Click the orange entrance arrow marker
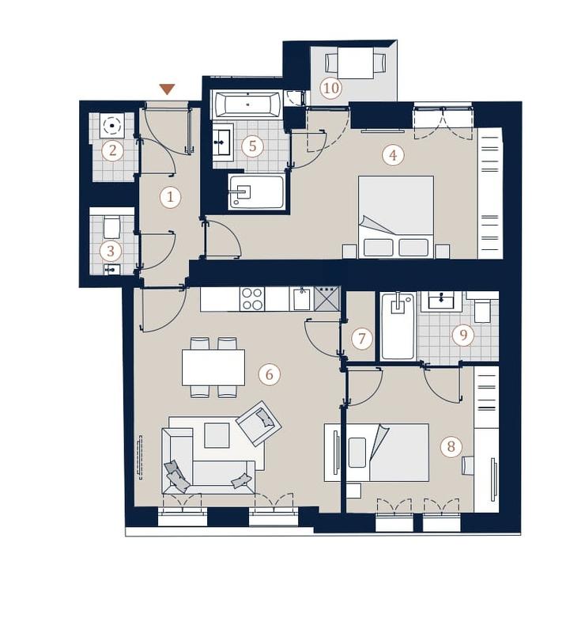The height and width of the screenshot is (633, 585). [x=167, y=89]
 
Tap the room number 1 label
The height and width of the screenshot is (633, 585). [x=170, y=197]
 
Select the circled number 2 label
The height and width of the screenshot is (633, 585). [x=112, y=151]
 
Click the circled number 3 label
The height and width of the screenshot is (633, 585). [x=111, y=251]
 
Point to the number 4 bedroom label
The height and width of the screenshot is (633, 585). [x=394, y=154]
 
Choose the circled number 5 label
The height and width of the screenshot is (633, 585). [x=252, y=146]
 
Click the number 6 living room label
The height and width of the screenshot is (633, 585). [x=269, y=374]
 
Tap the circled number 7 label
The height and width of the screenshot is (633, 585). [x=361, y=339]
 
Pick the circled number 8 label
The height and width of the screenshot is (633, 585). [x=451, y=446]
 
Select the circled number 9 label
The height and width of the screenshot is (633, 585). [x=463, y=335]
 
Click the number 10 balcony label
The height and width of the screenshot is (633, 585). [x=331, y=88]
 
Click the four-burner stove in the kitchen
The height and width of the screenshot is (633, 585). [x=252, y=299]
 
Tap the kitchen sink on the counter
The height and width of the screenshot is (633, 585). [x=302, y=299]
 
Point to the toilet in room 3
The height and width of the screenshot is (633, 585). [x=111, y=227]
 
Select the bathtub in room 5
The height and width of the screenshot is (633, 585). [x=247, y=104]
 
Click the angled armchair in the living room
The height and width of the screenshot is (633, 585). [x=259, y=423]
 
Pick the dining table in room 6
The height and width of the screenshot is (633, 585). [x=213, y=368]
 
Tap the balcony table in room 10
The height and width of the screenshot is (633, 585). [x=356, y=63]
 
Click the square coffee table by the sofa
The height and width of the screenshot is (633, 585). [x=217, y=435]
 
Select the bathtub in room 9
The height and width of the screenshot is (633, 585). [x=398, y=326]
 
